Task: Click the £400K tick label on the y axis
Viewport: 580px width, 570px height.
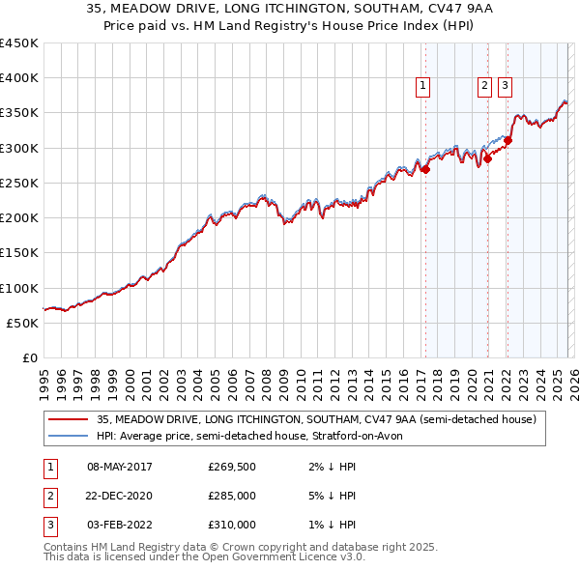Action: click(x=19, y=78)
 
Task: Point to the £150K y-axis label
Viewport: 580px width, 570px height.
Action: click(x=19, y=253)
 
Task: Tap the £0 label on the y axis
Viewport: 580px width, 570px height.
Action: click(x=29, y=358)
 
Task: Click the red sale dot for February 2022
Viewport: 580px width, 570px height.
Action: click(x=507, y=141)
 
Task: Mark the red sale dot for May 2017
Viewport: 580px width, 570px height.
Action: click(x=425, y=169)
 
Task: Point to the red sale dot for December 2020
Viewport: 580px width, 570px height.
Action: click(x=488, y=158)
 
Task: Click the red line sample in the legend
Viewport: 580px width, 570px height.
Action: click(x=68, y=419)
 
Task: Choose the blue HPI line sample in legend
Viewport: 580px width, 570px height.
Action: click(x=68, y=436)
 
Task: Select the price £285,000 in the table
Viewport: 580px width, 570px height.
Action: click(x=232, y=496)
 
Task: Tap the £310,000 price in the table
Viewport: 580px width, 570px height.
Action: click(x=232, y=525)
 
